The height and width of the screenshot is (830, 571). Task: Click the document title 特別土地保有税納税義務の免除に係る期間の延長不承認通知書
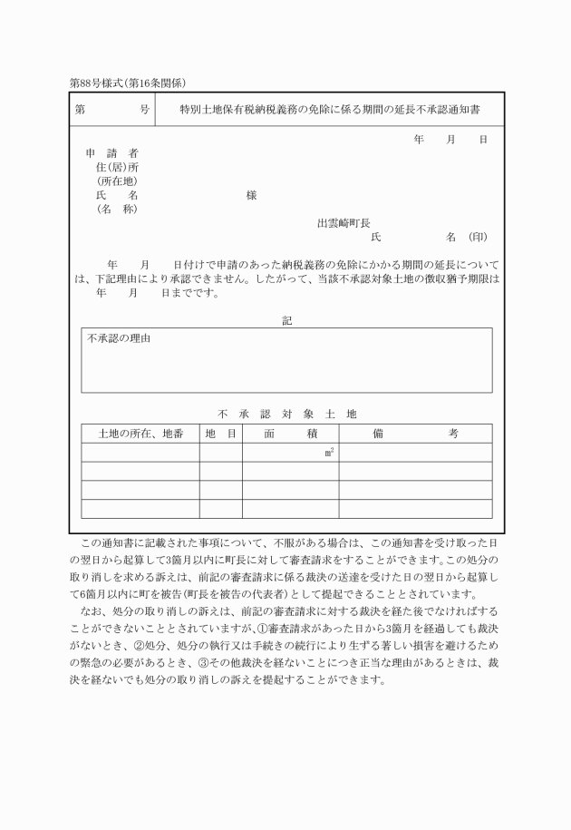(x=329, y=109)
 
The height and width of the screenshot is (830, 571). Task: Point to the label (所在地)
(x=116, y=181)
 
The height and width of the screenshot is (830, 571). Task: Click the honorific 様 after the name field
(x=251, y=195)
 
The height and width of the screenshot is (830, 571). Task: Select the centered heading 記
(x=286, y=320)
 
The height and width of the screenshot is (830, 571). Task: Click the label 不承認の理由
(x=119, y=338)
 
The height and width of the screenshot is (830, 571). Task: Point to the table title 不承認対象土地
(x=287, y=414)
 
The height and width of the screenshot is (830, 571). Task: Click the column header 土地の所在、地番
(x=140, y=434)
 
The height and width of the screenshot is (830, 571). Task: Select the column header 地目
(x=220, y=434)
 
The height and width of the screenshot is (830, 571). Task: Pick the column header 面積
(x=290, y=434)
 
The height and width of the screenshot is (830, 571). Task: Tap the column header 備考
(x=415, y=434)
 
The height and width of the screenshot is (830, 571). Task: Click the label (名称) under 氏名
(x=116, y=210)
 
